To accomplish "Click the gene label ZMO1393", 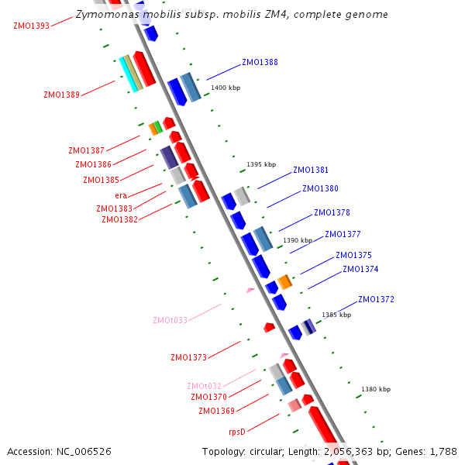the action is tap(31, 26).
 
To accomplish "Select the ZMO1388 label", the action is tap(260, 62).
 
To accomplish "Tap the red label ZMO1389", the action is tap(61, 95).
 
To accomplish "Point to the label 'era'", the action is tap(121, 195).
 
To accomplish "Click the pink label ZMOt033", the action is tap(170, 320).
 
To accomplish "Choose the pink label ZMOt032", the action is tap(204, 386).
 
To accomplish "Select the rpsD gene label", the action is tap(236, 432).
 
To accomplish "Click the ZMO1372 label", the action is tap(376, 299).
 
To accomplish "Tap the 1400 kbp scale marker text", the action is tap(226, 88).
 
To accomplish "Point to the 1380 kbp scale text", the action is tap(376, 389).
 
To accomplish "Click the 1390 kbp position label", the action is tap(298, 240).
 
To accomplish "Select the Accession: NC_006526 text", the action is tap(59, 451).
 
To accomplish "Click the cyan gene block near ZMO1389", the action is tap(128, 74).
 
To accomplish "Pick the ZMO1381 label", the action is tap(311, 170).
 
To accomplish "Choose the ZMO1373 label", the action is tap(188, 357).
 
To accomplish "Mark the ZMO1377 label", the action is tap(343, 234).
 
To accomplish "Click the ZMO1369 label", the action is tap(216, 411).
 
